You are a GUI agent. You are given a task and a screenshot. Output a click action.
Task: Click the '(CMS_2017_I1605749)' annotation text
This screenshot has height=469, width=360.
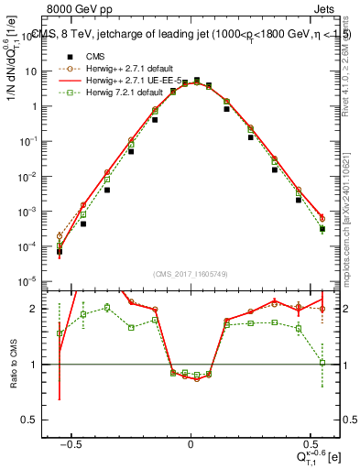tap(191, 274)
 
